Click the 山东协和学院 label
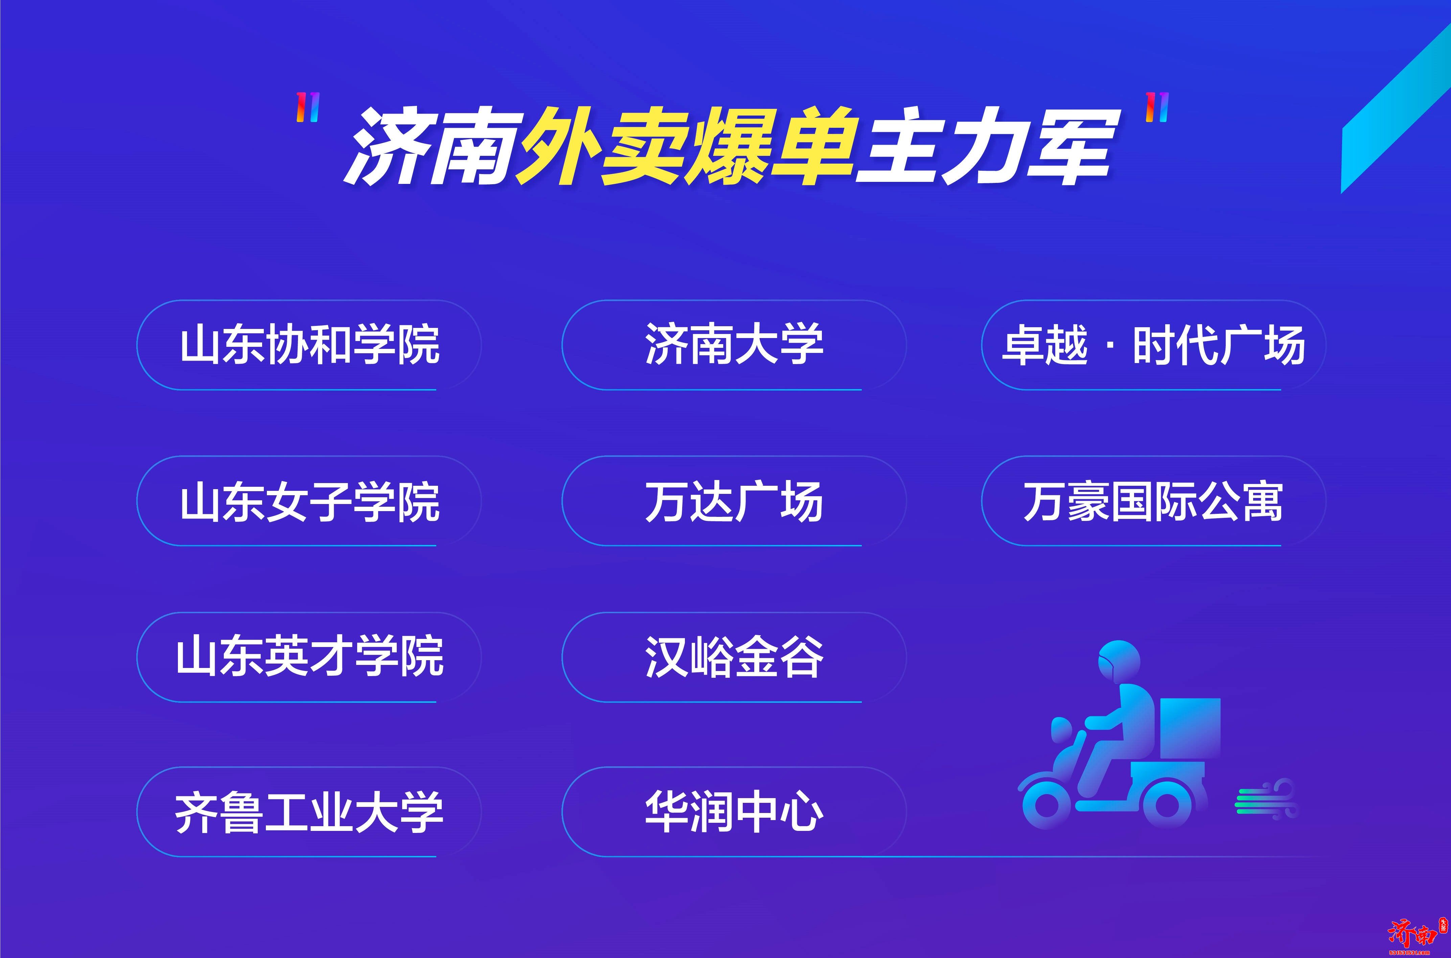tap(309, 345)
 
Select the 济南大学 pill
tap(733, 345)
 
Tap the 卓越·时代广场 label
tap(1153, 345)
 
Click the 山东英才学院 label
tap(309, 657)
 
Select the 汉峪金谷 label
tap(733, 657)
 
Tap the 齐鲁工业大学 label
tap(309, 813)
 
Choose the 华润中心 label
tap(733, 813)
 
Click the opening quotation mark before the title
tap(307, 107)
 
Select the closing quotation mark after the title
tap(1156, 107)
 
